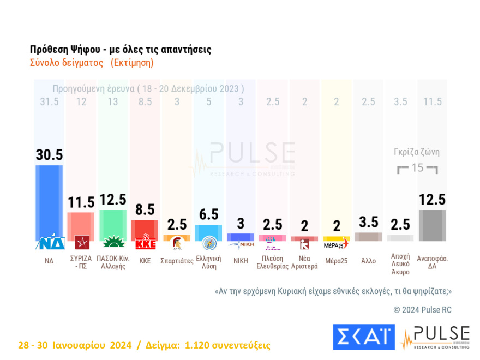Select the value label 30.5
[x=49, y=155]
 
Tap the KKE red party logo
[x=145, y=243]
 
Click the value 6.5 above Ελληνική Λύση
[x=209, y=215]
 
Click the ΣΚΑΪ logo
[x=363, y=337]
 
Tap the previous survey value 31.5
[x=49, y=102]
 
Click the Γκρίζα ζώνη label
[x=417, y=152]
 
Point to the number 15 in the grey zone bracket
[x=417, y=167]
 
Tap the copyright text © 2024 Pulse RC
[x=423, y=310]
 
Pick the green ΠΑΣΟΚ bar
[x=113, y=225]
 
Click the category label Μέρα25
[x=336, y=261]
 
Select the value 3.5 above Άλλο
[x=368, y=222]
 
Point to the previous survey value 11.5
[x=432, y=102]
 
